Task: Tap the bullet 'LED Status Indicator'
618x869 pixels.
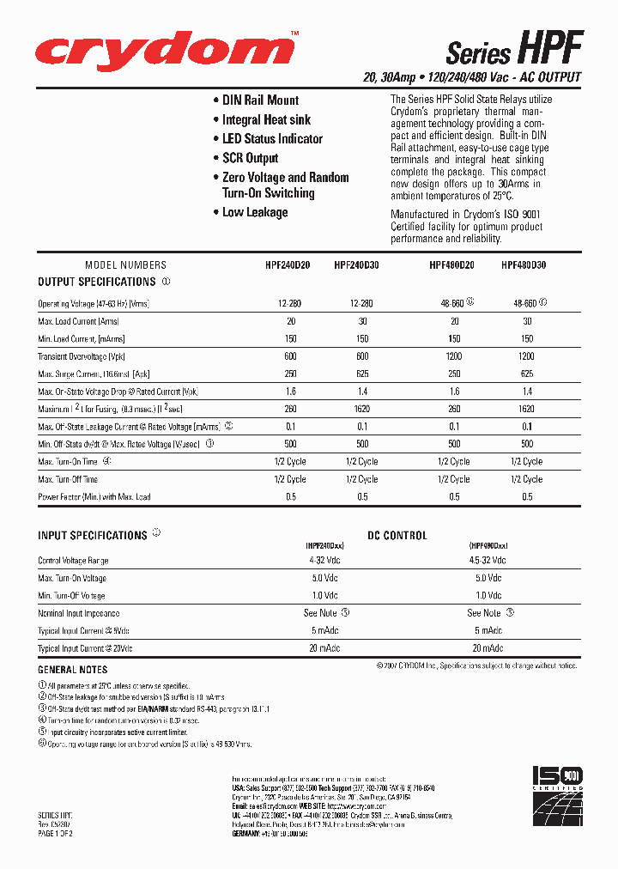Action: (x=272, y=139)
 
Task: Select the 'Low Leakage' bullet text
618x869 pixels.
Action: (x=255, y=213)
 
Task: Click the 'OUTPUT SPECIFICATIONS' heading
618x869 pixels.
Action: (x=97, y=282)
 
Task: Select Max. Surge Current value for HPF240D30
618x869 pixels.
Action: (x=362, y=374)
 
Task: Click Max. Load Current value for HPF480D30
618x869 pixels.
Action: (x=527, y=321)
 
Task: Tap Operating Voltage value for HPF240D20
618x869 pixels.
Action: (x=288, y=304)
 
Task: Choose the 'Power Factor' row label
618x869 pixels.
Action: (x=94, y=497)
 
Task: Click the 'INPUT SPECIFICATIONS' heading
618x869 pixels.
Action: (x=93, y=536)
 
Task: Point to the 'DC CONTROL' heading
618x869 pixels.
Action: (x=397, y=536)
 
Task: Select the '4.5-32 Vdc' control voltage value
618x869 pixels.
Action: (x=487, y=560)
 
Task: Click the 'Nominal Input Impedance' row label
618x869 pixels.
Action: (x=79, y=614)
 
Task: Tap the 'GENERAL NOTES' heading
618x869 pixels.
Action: (x=73, y=670)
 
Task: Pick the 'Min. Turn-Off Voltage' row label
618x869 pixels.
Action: (x=72, y=596)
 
